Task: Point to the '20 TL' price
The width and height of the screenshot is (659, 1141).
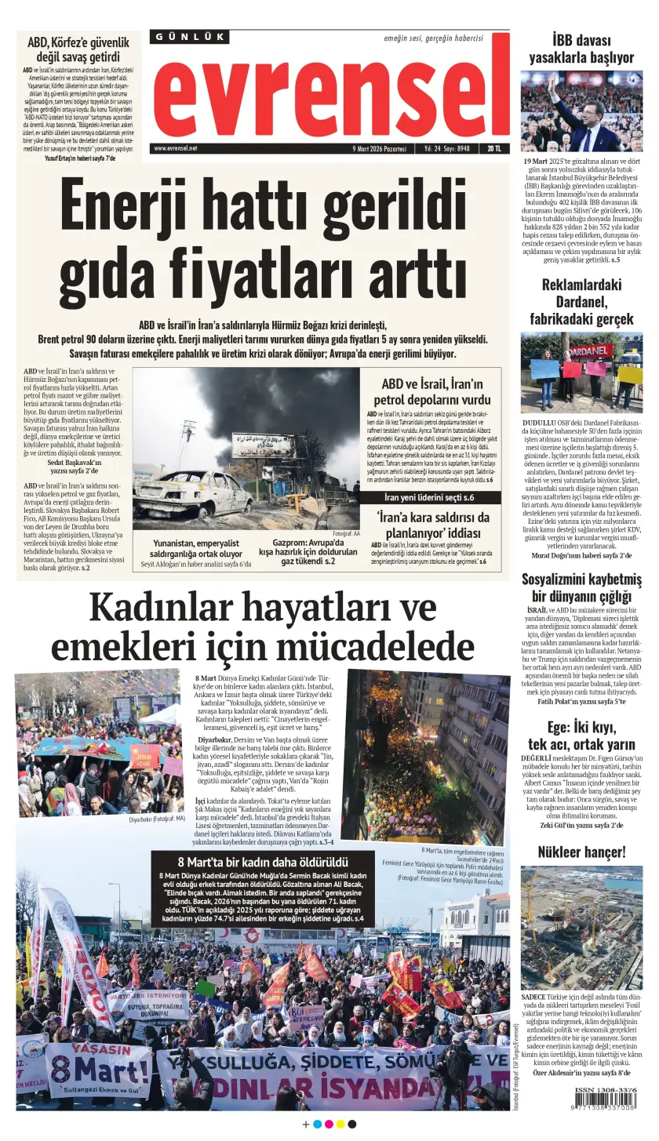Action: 494,148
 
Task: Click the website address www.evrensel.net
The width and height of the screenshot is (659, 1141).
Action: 176,148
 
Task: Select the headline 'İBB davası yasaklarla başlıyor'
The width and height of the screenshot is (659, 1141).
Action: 581,49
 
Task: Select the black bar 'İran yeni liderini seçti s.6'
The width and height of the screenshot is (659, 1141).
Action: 429,498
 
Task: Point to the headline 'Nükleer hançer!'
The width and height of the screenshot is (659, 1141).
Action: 581,852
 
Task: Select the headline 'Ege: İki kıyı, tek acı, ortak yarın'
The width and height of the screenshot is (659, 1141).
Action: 581,735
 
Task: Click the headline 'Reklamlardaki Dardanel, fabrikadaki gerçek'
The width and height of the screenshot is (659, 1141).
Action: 581,302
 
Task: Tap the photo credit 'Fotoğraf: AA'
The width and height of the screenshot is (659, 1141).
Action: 345,533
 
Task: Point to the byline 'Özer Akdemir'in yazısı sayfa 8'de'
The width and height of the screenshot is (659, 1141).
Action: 581,1073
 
